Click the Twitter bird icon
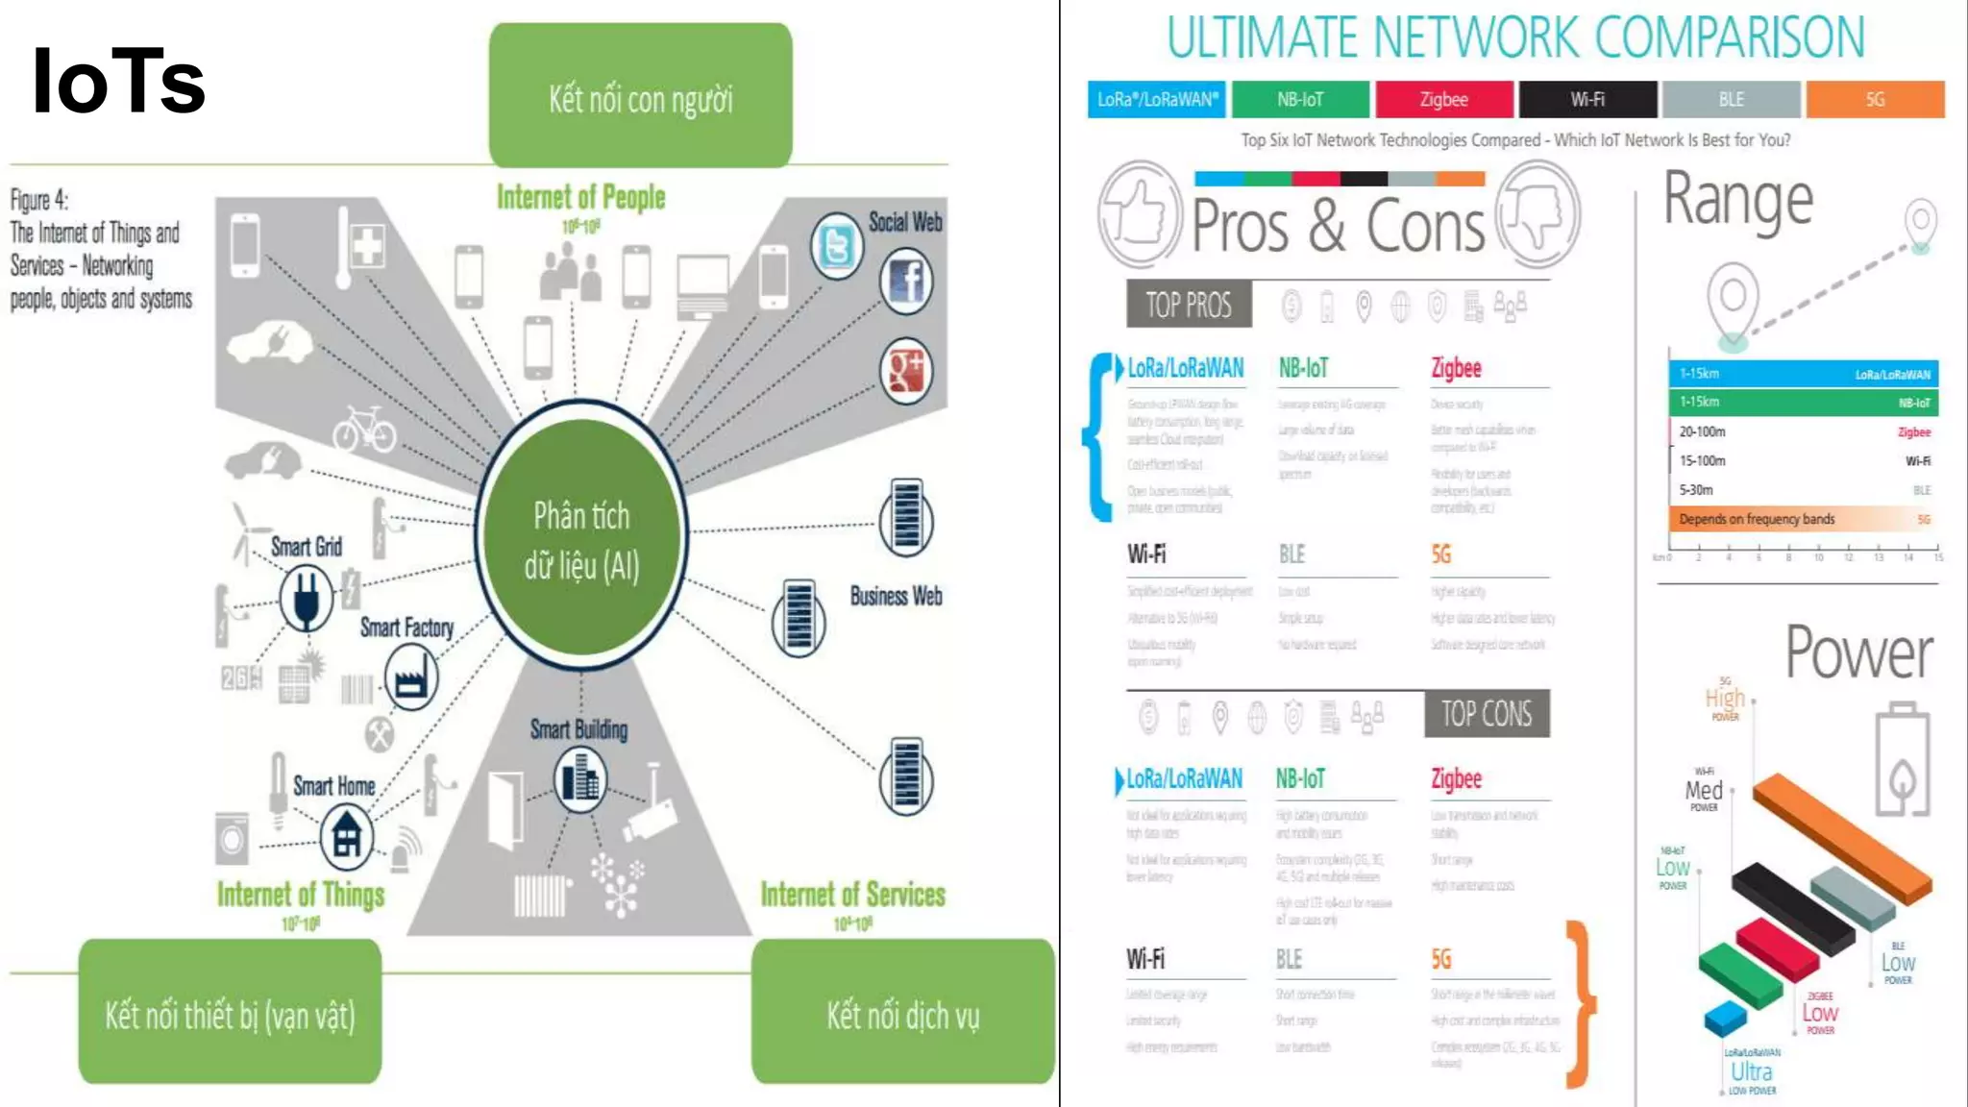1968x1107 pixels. (x=837, y=247)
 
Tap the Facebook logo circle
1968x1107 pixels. (x=906, y=282)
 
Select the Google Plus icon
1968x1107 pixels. (x=906, y=371)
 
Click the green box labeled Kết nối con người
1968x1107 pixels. (x=641, y=95)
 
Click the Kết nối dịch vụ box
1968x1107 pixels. (x=902, y=1012)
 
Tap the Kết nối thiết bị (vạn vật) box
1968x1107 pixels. (x=230, y=1012)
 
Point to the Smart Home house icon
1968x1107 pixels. (x=347, y=835)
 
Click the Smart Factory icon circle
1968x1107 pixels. (x=411, y=677)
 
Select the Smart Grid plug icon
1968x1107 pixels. (x=307, y=597)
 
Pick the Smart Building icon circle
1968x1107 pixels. (x=580, y=778)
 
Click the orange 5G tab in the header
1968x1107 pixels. (x=1875, y=99)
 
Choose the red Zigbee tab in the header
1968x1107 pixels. (x=1443, y=99)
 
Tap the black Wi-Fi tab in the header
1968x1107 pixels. (x=1587, y=99)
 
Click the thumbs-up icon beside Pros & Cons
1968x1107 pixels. (x=1141, y=213)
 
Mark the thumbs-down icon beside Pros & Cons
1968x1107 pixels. (x=1537, y=213)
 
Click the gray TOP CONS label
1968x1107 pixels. (x=1487, y=714)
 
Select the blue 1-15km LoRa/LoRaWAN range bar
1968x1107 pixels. (x=1803, y=374)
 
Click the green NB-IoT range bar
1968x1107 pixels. (x=1803, y=403)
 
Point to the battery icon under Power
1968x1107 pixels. (x=1903, y=759)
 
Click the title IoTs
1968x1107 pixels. (x=119, y=82)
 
